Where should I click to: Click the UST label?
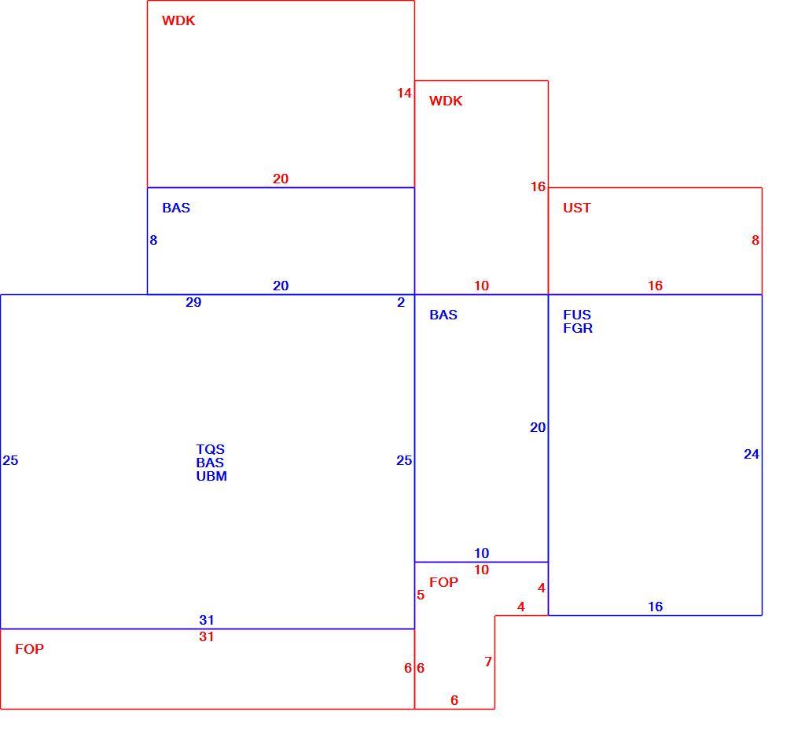[x=577, y=208]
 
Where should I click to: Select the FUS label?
[x=577, y=315]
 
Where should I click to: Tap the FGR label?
[x=578, y=328]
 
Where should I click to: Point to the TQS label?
[x=210, y=449]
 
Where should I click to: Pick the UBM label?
[x=211, y=477]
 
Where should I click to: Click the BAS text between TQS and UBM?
[x=210, y=463]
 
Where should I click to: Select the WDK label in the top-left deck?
[x=178, y=20]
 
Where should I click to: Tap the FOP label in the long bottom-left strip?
[x=29, y=649]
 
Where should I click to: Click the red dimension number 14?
[x=404, y=94]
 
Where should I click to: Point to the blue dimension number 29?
[x=193, y=303]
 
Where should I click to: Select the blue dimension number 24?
[x=752, y=455]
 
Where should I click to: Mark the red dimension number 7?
[x=488, y=662]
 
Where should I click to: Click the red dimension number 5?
[x=421, y=595]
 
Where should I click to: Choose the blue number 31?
[x=207, y=620]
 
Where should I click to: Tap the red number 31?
[x=206, y=637]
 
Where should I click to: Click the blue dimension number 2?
[x=401, y=303]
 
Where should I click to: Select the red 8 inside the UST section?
[x=755, y=240]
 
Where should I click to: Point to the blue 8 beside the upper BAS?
[x=153, y=240]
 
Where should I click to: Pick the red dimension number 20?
[x=281, y=179]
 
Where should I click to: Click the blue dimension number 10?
[x=482, y=553]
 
